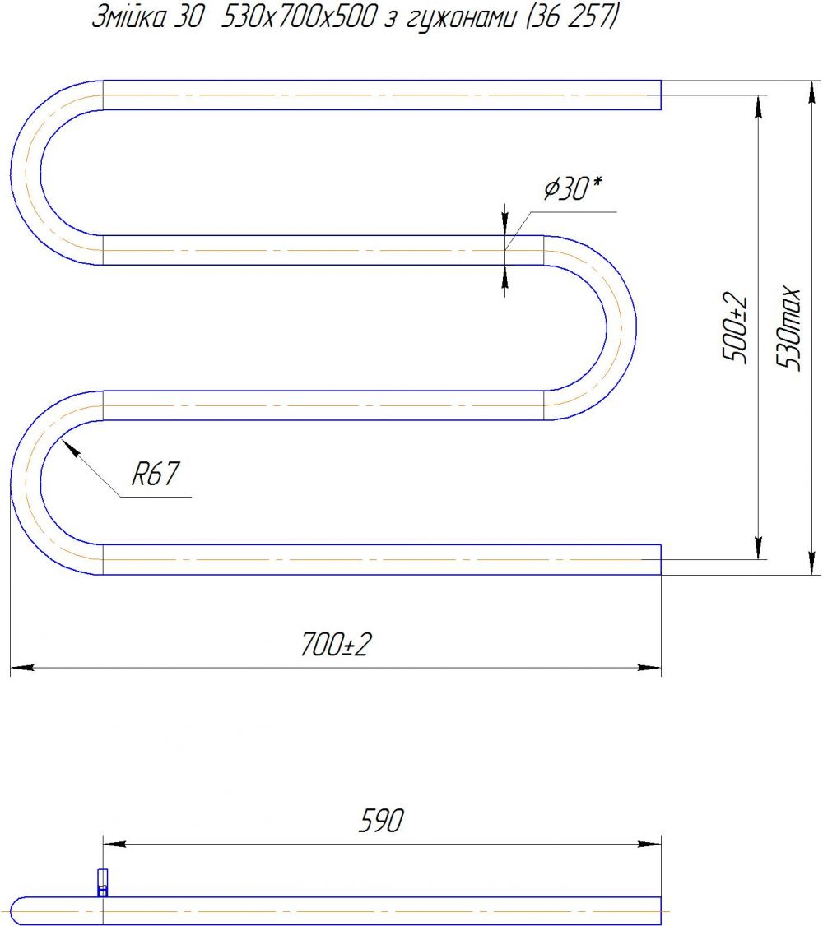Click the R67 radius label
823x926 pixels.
point(155,474)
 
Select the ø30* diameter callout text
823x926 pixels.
point(572,189)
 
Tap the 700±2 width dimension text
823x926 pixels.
point(336,644)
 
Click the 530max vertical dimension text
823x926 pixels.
point(788,328)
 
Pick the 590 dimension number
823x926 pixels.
point(381,820)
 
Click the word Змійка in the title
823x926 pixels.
point(129,17)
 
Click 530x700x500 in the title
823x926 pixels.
point(299,18)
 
